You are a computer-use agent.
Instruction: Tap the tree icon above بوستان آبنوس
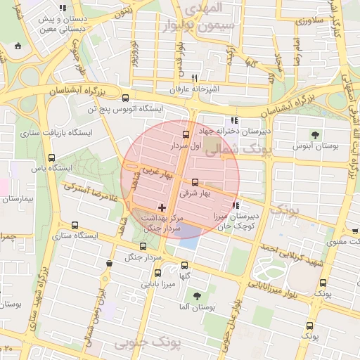[314, 135]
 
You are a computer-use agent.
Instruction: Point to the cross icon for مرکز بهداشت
[162, 207]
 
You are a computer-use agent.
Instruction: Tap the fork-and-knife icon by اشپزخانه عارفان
[194, 78]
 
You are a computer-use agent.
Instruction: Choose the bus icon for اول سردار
[186, 134]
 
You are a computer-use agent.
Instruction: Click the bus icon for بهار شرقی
[195, 182]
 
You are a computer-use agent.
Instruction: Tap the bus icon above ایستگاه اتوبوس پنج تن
[125, 98]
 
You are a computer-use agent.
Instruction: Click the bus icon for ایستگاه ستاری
[75, 225]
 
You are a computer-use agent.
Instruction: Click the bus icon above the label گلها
[185, 266]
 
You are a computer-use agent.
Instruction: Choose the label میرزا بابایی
[157, 285]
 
